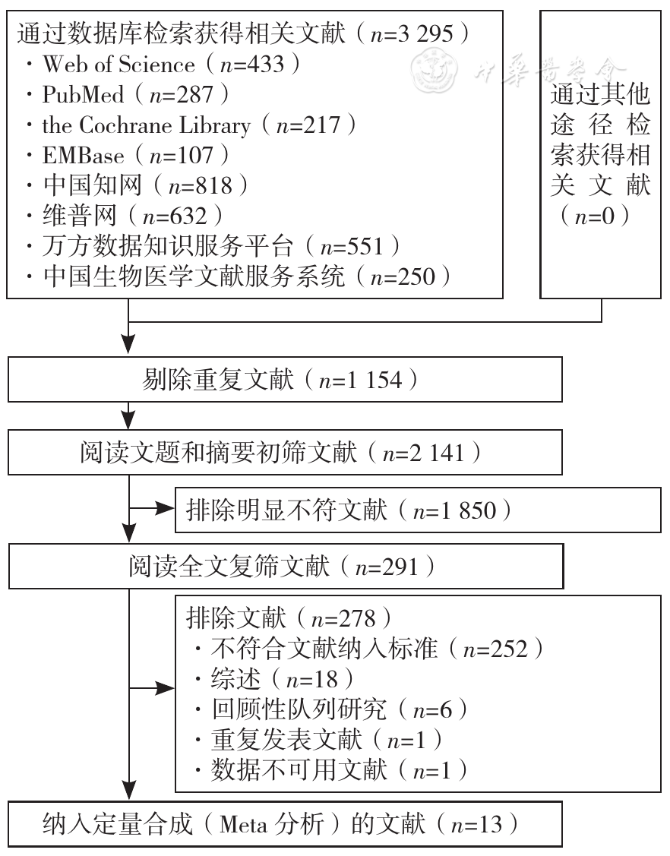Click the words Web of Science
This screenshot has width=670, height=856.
[x=119, y=65]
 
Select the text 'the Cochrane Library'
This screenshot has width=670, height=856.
[x=147, y=125]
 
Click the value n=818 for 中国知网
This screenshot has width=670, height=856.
[x=201, y=186]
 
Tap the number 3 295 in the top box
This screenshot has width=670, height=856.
[x=425, y=34]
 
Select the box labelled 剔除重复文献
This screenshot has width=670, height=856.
[x=285, y=380]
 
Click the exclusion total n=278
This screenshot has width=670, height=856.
[x=343, y=618]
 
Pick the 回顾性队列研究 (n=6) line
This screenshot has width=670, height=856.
[x=331, y=709]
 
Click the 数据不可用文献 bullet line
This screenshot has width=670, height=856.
[x=331, y=770]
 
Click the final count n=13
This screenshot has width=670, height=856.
[x=477, y=824]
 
